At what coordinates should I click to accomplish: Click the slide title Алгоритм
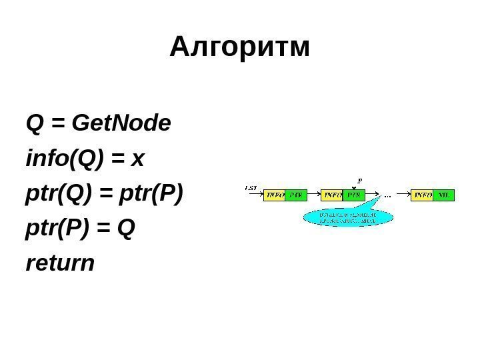pos(240,48)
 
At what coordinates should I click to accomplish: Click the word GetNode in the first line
pos(121,123)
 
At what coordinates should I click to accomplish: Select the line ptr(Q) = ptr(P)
pos(103,194)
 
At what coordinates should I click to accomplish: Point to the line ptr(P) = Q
pos(80,229)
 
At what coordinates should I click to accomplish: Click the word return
pos(60,264)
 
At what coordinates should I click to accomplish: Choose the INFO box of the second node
pos(333,195)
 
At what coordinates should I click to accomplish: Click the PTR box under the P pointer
pos(355,195)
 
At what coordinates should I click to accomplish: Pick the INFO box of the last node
pos(423,195)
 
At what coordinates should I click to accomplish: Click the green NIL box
pos(444,195)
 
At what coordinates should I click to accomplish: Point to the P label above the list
pos(360,180)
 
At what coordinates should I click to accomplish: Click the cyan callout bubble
pos(347,218)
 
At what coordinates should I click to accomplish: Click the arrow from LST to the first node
pos(255,195)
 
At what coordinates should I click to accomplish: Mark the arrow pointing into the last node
pos(403,195)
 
